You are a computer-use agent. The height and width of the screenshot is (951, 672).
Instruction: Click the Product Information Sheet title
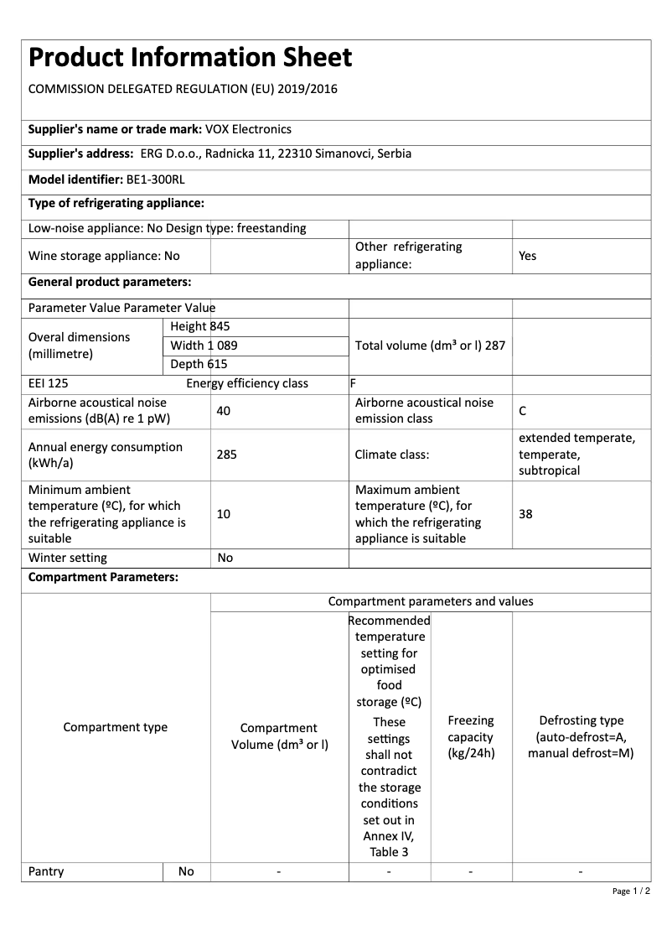pos(190,58)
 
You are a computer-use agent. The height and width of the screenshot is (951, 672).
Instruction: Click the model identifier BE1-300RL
pos(156,179)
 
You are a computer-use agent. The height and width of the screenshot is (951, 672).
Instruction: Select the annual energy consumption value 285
pos(226,455)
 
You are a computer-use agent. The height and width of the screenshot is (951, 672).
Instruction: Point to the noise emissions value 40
pos(223,411)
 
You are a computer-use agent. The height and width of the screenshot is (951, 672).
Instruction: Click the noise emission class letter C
pos(523,411)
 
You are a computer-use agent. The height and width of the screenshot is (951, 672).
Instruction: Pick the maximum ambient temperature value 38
pos(525,514)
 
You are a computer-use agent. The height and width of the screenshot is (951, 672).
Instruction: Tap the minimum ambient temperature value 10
pos(223,514)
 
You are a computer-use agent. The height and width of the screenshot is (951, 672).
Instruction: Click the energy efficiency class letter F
pos(354,383)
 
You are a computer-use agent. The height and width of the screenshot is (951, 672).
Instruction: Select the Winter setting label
pos(68,558)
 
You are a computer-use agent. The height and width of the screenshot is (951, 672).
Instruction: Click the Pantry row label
pos(46,871)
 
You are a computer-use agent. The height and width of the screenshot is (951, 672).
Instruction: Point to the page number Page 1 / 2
pos(631,891)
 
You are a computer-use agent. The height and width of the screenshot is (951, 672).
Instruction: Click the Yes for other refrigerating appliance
pos(527,256)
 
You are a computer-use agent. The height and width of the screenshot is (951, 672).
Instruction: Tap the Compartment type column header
pos(116,727)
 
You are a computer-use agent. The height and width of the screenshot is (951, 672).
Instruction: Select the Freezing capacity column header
pos(471,737)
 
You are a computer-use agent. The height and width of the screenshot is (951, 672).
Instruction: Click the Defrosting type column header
pos(581,737)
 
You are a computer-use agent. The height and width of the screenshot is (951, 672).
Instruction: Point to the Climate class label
pos(392,455)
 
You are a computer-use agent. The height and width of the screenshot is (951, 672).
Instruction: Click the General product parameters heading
pos(110,282)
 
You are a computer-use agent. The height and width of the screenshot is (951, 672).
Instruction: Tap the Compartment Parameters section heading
pos(103,578)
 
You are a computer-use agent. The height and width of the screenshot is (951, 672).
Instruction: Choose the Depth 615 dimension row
pos(199,364)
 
